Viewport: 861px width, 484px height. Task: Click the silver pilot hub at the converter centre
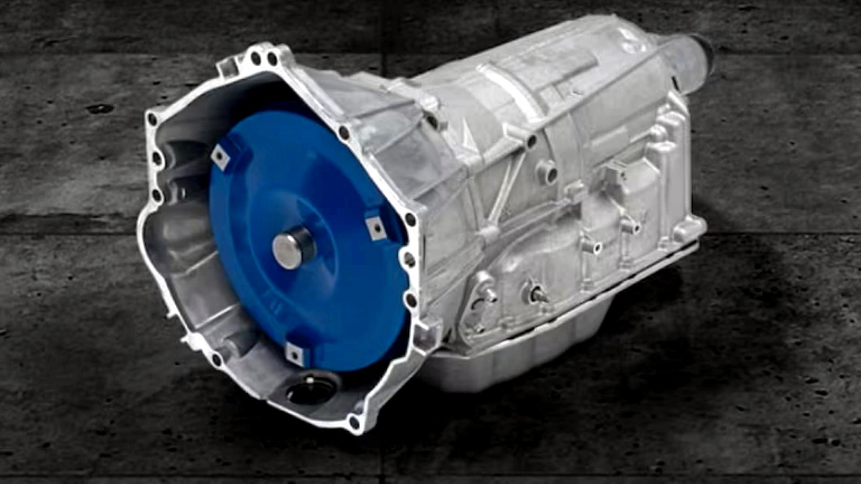pyautogui.click(x=294, y=247)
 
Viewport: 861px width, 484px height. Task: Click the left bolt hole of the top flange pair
pyautogui.click(x=255, y=57)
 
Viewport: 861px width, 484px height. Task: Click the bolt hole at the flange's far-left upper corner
pyautogui.click(x=153, y=119)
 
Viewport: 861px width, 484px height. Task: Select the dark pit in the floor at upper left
pyautogui.click(x=100, y=108)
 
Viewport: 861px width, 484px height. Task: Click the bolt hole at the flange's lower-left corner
pyautogui.click(x=217, y=359)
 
